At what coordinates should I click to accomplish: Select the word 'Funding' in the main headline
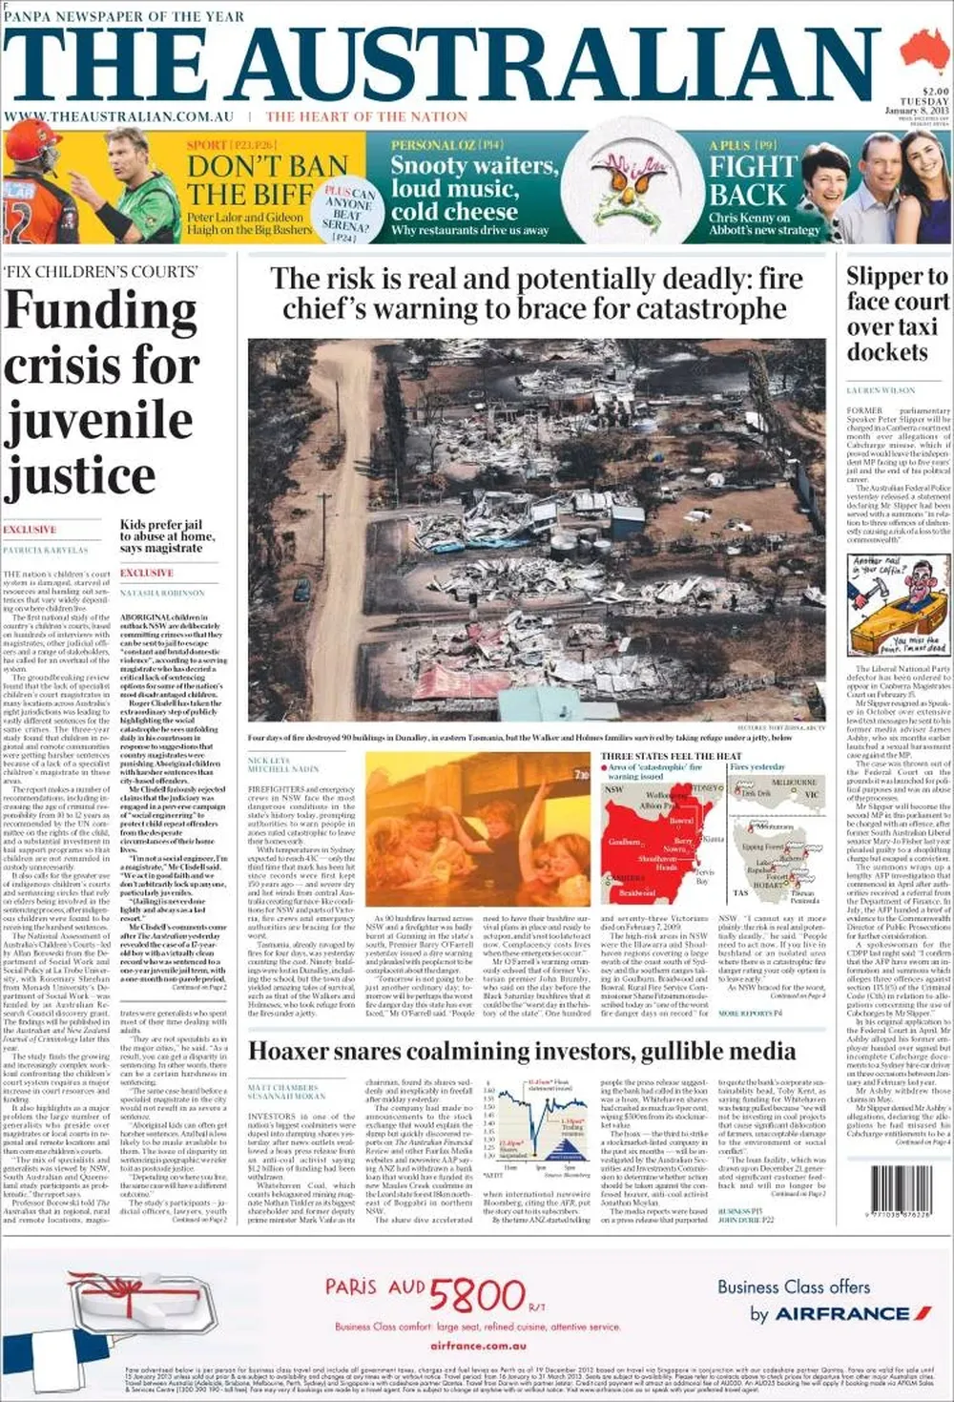100,311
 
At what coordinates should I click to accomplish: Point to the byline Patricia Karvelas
46,551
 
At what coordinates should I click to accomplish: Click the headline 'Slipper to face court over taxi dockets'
897,314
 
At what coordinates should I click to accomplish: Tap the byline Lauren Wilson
880,390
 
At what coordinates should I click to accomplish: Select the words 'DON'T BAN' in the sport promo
266,166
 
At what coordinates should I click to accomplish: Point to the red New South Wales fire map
658,840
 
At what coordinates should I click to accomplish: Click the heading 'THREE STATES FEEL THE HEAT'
671,756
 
